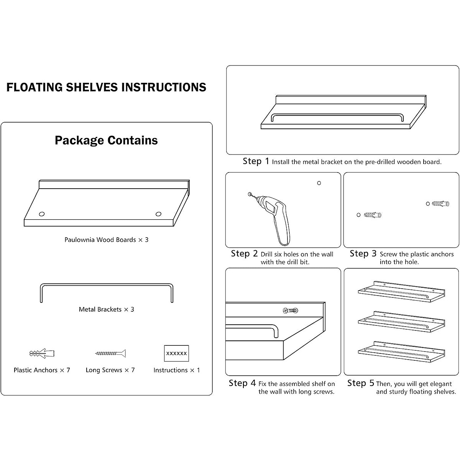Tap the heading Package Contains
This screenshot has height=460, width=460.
tap(106, 140)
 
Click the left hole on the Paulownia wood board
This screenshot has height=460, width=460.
tap(42, 214)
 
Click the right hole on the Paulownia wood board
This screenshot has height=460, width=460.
tap(158, 214)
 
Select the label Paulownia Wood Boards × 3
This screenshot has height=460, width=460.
tap(106, 240)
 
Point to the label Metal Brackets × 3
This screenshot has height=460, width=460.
tap(106, 309)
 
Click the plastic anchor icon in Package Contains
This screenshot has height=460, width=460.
tap(42, 353)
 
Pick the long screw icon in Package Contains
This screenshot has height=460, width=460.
tap(110, 353)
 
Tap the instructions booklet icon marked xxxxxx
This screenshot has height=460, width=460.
tap(176, 353)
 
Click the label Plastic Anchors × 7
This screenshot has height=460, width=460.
tap(42, 370)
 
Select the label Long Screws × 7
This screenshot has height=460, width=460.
tap(110, 370)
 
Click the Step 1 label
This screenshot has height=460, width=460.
tap(256, 161)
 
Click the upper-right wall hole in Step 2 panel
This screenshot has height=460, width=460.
tap(319, 183)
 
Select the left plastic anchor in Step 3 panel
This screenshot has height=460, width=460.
tap(372, 215)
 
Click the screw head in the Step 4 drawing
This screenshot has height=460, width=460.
tap(286, 310)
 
